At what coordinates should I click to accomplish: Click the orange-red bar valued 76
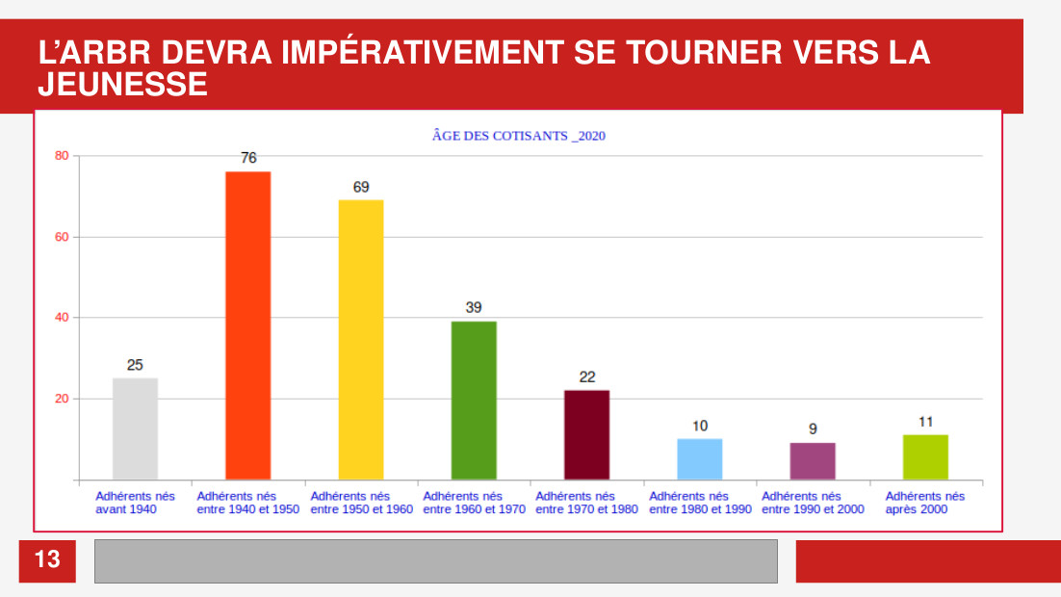pyautogui.click(x=247, y=325)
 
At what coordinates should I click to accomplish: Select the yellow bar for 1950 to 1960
pyautogui.click(x=361, y=340)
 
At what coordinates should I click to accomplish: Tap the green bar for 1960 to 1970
pyautogui.click(x=474, y=401)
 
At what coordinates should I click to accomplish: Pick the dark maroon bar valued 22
pyautogui.click(x=586, y=435)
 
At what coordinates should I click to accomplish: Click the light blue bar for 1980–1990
pyautogui.click(x=700, y=459)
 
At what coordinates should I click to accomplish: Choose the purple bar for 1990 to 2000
pyautogui.click(x=813, y=461)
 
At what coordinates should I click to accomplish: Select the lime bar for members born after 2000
pyautogui.click(x=925, y=457)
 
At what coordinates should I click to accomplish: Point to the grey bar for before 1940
pyautogui.click(x=136, y=429)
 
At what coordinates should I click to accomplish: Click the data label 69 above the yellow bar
pyautogui.click(x=361, y=187)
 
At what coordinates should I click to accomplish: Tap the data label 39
pyautogui.click(x=474, y=307)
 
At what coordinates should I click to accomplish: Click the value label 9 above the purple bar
pyautogui.click(x=813, y=429)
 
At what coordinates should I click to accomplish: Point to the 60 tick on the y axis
pyautogui.click(x=62, y=237)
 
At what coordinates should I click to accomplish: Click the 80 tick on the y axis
pyautogui.click(x=62, y=156)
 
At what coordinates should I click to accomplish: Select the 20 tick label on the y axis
pyautogui.click(x=62, y=399)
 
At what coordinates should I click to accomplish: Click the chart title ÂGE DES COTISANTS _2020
pyautogui.click(x=519, y=136)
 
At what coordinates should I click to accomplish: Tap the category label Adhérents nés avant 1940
pyautogui.click(x=135, y=503)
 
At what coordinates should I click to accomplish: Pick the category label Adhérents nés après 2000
pyautogui.click(x=925, y=503)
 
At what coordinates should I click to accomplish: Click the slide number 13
pyautogui.click(x=47, y=559)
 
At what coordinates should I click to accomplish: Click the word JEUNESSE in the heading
pyautogui.click(x=122, y=86)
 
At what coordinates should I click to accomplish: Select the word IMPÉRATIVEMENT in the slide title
pyautogui.click(x=423, y=52)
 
